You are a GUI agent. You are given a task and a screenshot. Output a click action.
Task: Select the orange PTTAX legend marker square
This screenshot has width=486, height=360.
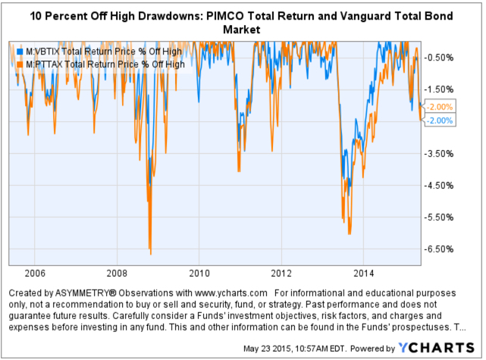coord(20,64)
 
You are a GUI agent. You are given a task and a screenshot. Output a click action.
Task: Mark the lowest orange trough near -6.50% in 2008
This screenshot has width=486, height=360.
coord(150,253)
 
